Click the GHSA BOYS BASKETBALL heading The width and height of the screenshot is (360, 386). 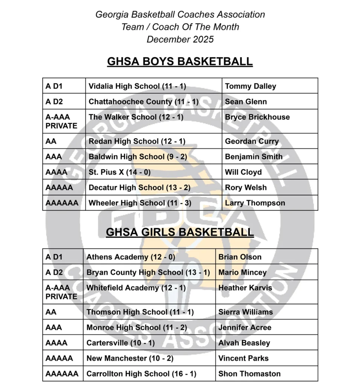click(180, 61)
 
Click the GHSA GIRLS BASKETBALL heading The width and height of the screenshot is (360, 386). click(180, 232)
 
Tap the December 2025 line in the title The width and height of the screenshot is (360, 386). click(180, 39)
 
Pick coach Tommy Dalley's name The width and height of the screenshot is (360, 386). click(250, 86)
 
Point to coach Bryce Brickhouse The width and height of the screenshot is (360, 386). click(257, 117)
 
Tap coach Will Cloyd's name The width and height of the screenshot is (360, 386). click(243, 172)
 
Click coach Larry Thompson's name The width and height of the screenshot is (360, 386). click(255, 203)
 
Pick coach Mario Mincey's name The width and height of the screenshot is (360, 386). click(242, 273)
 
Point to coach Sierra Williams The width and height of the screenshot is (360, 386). click(246, 312)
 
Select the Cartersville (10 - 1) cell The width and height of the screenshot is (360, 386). click(121, 343)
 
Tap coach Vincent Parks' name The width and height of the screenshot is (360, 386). click(243, 358)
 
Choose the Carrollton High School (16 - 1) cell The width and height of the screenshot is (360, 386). click(141, 374)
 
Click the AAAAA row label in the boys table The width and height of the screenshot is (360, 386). click(59, 188)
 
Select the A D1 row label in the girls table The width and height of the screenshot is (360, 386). click(54, 257)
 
